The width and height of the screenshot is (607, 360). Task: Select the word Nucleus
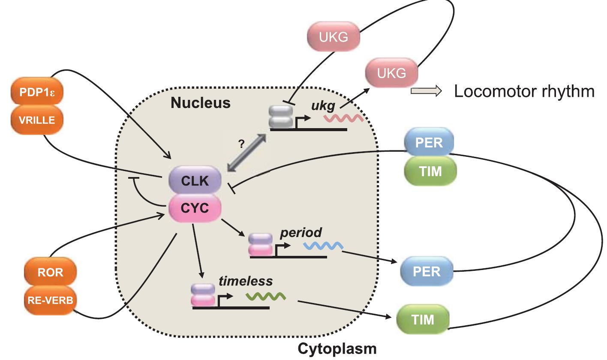pos(200,103)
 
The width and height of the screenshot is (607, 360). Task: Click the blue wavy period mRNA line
pos(322,246)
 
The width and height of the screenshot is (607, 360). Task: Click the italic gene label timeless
pos(246,281)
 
